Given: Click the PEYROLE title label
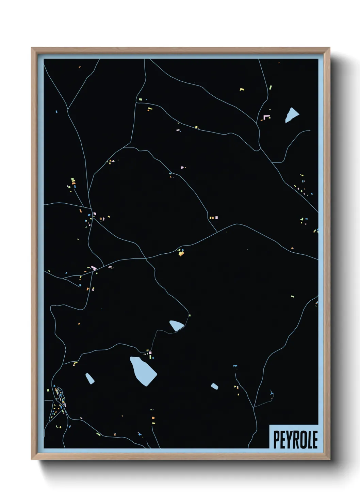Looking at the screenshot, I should [295, 440].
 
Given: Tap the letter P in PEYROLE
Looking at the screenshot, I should [276, 440].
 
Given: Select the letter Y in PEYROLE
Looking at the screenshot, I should [289, 440].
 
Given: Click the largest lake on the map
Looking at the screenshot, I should [143, 371].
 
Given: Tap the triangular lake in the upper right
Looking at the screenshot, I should [291, 115].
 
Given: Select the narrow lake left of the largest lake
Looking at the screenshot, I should [90, 378].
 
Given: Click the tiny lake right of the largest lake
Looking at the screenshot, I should [214, 386].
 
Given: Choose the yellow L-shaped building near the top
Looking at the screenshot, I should [242, 90].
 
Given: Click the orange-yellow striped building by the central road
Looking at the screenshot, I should [181, 253].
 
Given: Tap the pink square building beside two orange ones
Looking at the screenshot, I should [216, 217].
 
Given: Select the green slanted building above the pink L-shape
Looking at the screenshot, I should [271, 88].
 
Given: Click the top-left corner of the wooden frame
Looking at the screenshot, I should [32, 48].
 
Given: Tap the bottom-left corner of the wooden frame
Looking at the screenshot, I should [32, 459].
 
